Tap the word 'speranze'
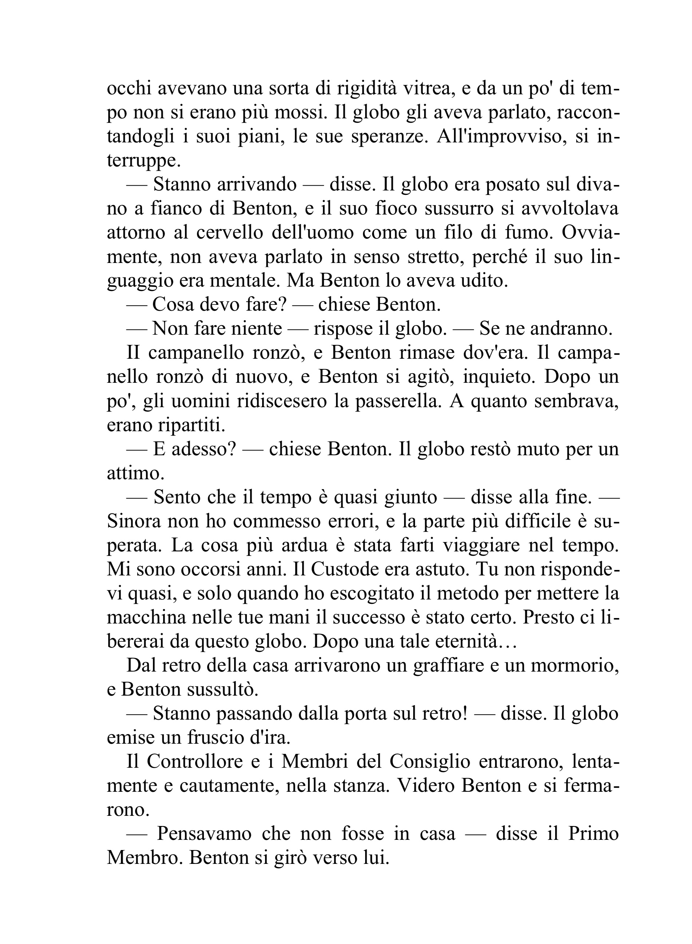point(389,137)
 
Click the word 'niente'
point(257,329)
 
